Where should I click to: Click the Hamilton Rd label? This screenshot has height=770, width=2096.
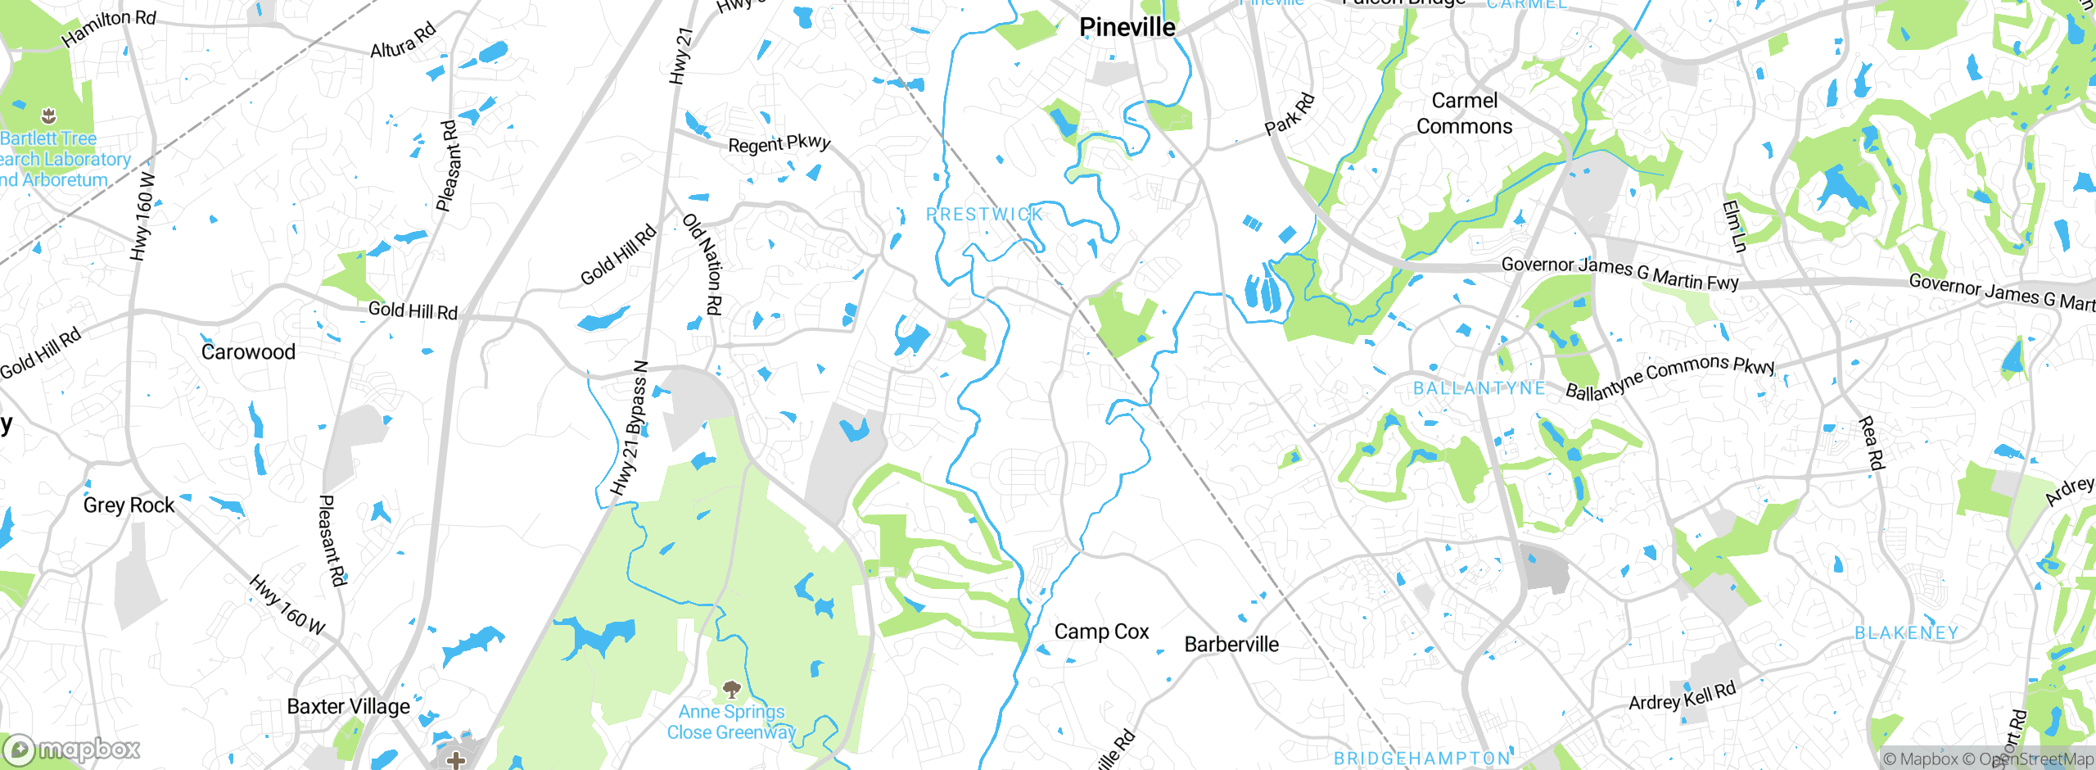click(108, 28)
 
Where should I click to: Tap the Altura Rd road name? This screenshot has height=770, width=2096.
click(403, 42)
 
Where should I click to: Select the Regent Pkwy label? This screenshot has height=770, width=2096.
click(779, 143)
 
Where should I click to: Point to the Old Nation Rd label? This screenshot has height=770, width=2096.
click(703, 264)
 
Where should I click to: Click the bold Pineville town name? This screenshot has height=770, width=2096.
click(1127, 27)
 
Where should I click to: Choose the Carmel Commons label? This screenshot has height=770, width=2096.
click(1464, 113)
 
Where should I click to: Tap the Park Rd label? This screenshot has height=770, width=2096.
click(1290, 115)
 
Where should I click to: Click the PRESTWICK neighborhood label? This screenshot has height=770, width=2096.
click(984, 215)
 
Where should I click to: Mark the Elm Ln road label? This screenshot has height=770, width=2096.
click(1734, 226)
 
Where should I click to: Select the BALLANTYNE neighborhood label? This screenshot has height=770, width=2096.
click(1479, 388)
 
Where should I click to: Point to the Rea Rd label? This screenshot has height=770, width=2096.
click(1871, 443)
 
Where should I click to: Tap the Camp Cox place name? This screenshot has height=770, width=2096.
click(1101, 632)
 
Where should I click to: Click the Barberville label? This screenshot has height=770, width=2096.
click(1231, 645)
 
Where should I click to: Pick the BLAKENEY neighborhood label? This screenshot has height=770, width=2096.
click(1906, 633)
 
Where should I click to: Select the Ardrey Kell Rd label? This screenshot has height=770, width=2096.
click(1682, 697)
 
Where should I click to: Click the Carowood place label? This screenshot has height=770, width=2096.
click(248, 352)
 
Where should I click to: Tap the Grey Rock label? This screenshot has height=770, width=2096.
click(129, 505)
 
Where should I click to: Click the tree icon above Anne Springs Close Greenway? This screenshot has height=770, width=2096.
click(731, 689)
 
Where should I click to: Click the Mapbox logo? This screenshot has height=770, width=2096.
click(72, 750)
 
